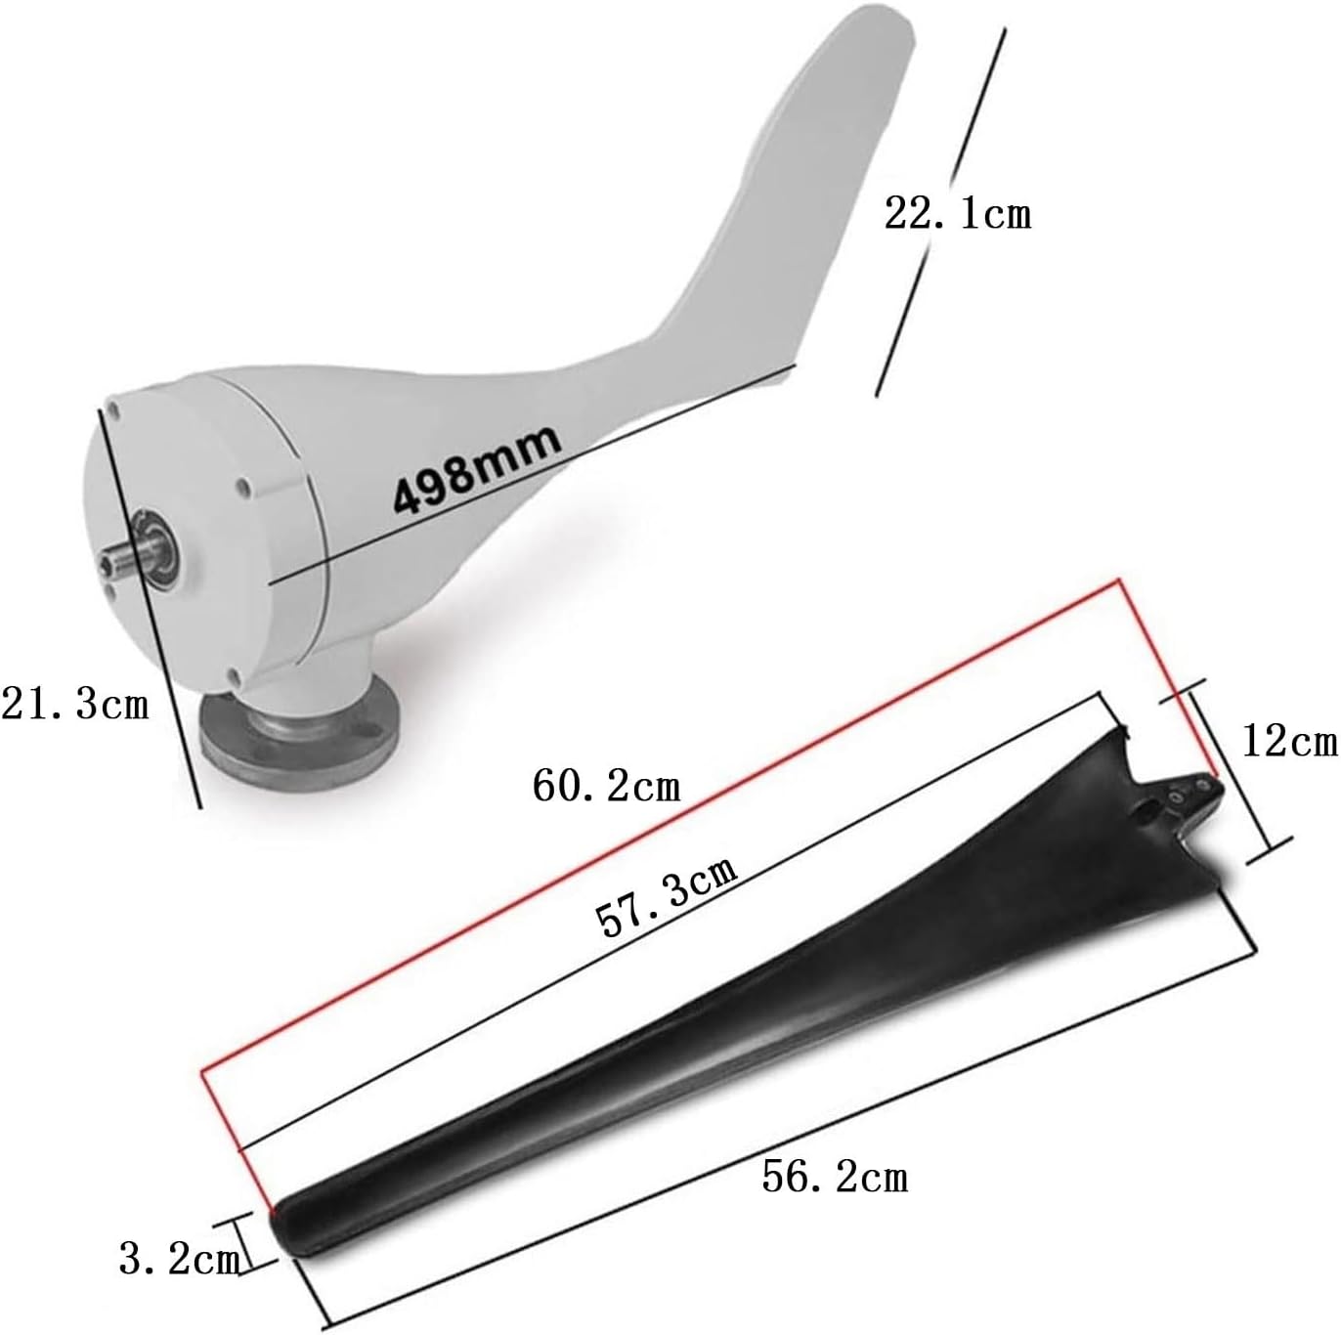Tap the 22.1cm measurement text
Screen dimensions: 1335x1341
pyautogui.click(x=957, y=213)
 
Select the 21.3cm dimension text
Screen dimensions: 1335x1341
pyautogui.click(x=75, y=703)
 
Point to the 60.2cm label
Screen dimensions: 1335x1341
pyautogui.click(x=606, y=785)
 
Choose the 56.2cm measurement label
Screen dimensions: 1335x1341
pyautogui.click(x=835, y=1177)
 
